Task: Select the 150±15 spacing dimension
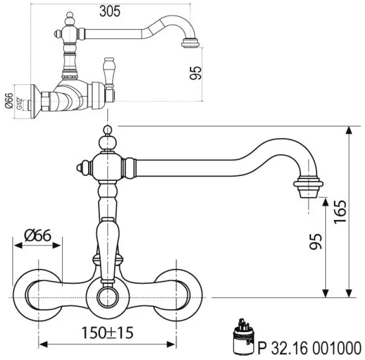[x=108, y=333]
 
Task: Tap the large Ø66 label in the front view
[x=37, y=236]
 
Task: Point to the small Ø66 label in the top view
[x=9, y=101]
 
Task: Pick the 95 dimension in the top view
[x=195, y=73]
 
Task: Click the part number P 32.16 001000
[x=310, y=348]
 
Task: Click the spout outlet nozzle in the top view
[x=190, y=43]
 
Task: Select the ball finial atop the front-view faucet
[x=107, y=131]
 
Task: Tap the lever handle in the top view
[x=109, y=71]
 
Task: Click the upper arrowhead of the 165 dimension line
[x=349, y=130]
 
